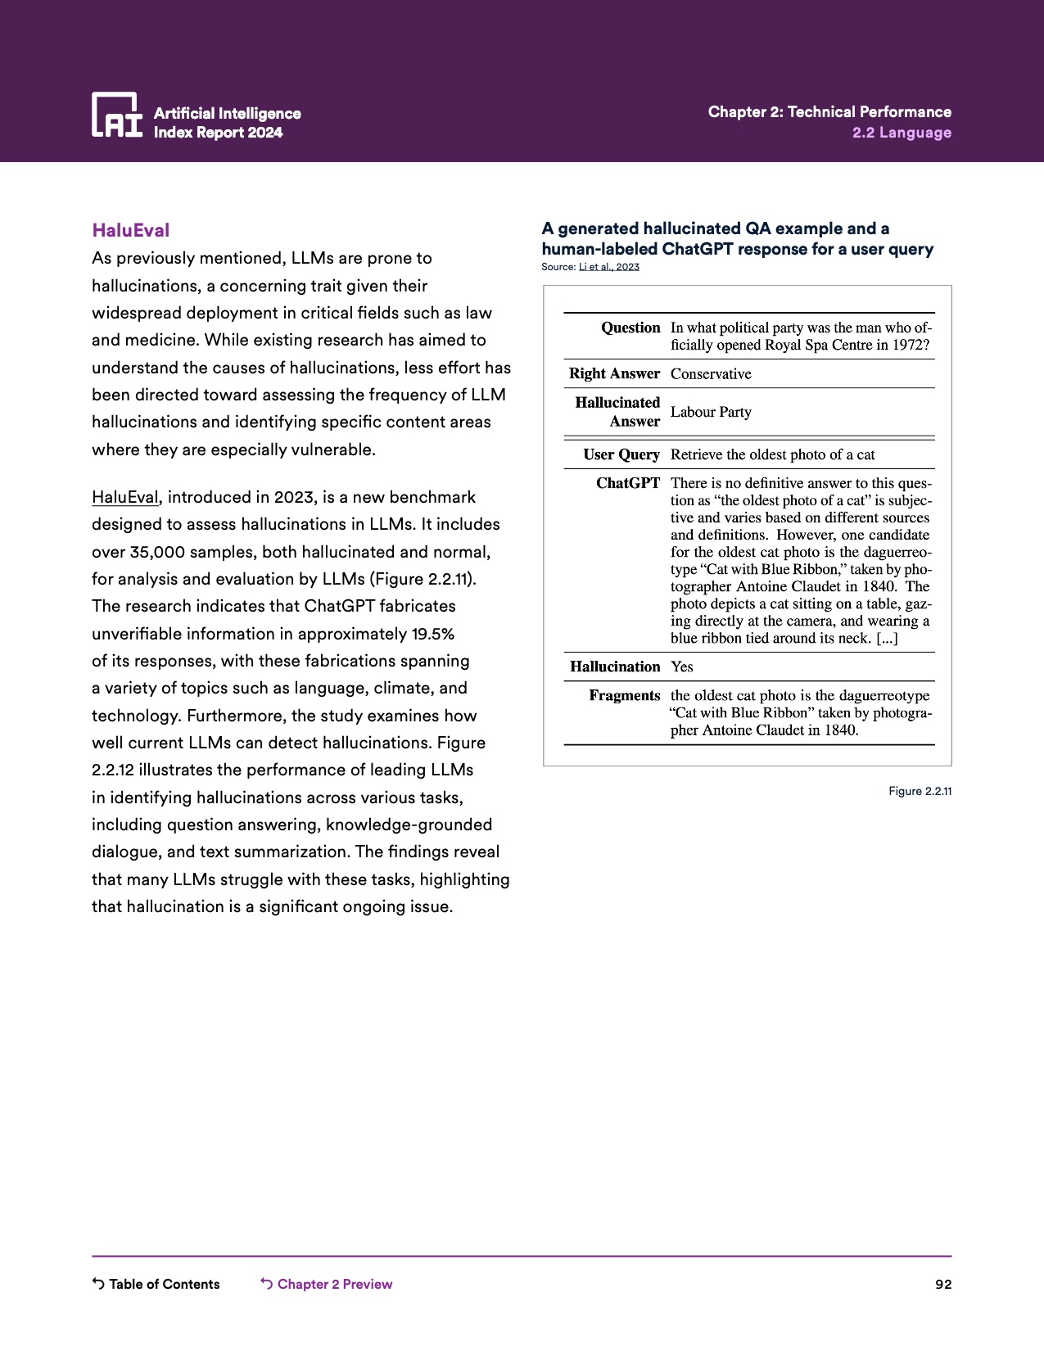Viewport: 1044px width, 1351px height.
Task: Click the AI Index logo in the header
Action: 116,114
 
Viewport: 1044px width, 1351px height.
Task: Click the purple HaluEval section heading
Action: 131,230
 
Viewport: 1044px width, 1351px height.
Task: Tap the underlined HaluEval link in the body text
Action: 124,497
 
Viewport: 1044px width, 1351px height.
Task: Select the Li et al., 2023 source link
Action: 608,267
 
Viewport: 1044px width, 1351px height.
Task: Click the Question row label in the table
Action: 630,328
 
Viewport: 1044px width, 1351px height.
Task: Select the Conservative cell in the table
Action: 710,373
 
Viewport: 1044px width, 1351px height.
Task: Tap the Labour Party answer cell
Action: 710,412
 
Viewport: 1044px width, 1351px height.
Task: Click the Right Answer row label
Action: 614,373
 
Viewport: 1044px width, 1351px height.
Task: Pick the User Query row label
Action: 621,454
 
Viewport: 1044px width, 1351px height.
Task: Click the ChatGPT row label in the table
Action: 627,483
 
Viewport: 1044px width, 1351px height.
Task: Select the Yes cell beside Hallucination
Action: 681,666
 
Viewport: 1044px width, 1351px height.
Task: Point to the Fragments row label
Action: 624,695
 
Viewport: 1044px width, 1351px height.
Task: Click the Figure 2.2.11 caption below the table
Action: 920,791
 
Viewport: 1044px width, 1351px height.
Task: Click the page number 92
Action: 943,1284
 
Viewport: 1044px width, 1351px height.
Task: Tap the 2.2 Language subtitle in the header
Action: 902,133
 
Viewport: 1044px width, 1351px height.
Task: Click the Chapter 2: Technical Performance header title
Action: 829,111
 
